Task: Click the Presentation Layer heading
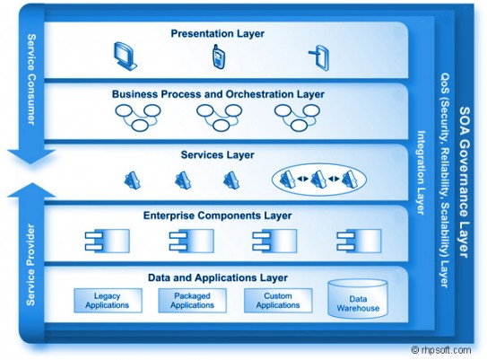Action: (217, 33)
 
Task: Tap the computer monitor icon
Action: (126, 57)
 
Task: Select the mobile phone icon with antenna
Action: (219, 57)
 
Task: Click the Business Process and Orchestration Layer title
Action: (218, 94)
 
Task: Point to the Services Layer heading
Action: (217, 154)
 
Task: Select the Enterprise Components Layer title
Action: (217, 215)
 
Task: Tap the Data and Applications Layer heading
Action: (217, 277)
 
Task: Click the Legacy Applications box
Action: (108, 301)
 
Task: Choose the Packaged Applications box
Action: (192, 301)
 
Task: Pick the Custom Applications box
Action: (278, 301)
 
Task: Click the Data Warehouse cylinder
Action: (358, 298)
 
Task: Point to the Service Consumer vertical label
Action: (31, 80)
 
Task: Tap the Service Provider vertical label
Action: (30, 265)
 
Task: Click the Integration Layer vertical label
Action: (421, 172)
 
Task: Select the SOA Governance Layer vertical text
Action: (465, 182)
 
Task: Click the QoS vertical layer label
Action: (445, 180)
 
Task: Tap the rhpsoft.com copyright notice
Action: (441, 350)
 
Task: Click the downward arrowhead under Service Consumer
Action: (31, 156)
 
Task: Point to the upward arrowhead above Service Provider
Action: (31, 190)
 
